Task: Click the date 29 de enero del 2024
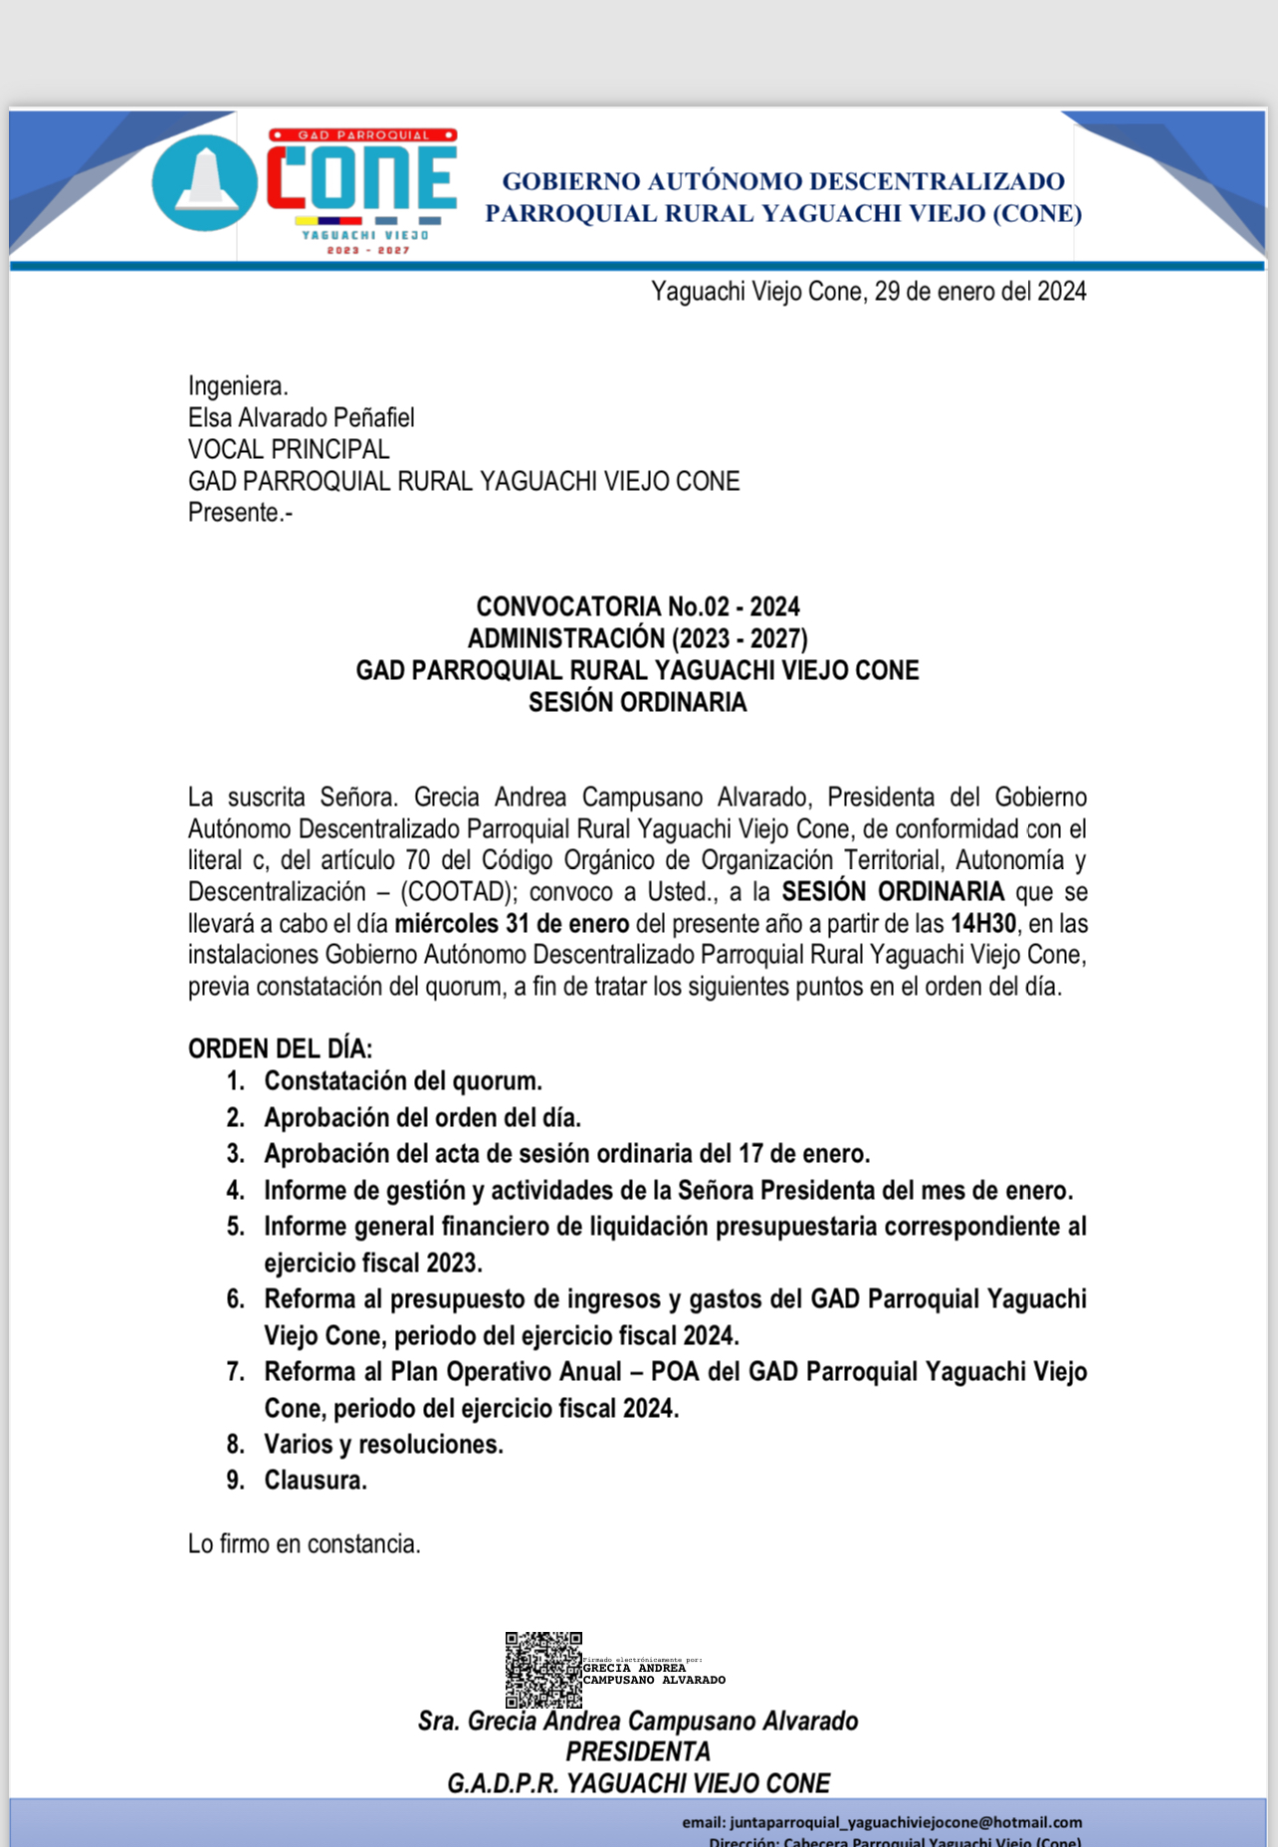(979, 292)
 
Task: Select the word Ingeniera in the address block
(237, 386)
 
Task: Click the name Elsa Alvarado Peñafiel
(301, 418)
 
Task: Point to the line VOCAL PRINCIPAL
(288, 450)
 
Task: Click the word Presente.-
(239, 513)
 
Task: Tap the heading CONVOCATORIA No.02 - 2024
(637, 607)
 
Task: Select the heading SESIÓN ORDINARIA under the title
(637, 703)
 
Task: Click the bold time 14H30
(982, 924)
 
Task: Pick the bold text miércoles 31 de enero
(512, 924)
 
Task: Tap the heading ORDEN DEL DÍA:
(280, 1049)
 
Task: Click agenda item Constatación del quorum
(402, 1081)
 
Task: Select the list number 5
(235, 1227)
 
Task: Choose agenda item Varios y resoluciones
(383, 1445)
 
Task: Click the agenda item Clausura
(315, 1481)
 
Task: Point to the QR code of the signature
(542, 1670)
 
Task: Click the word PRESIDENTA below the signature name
(637, 1752)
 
